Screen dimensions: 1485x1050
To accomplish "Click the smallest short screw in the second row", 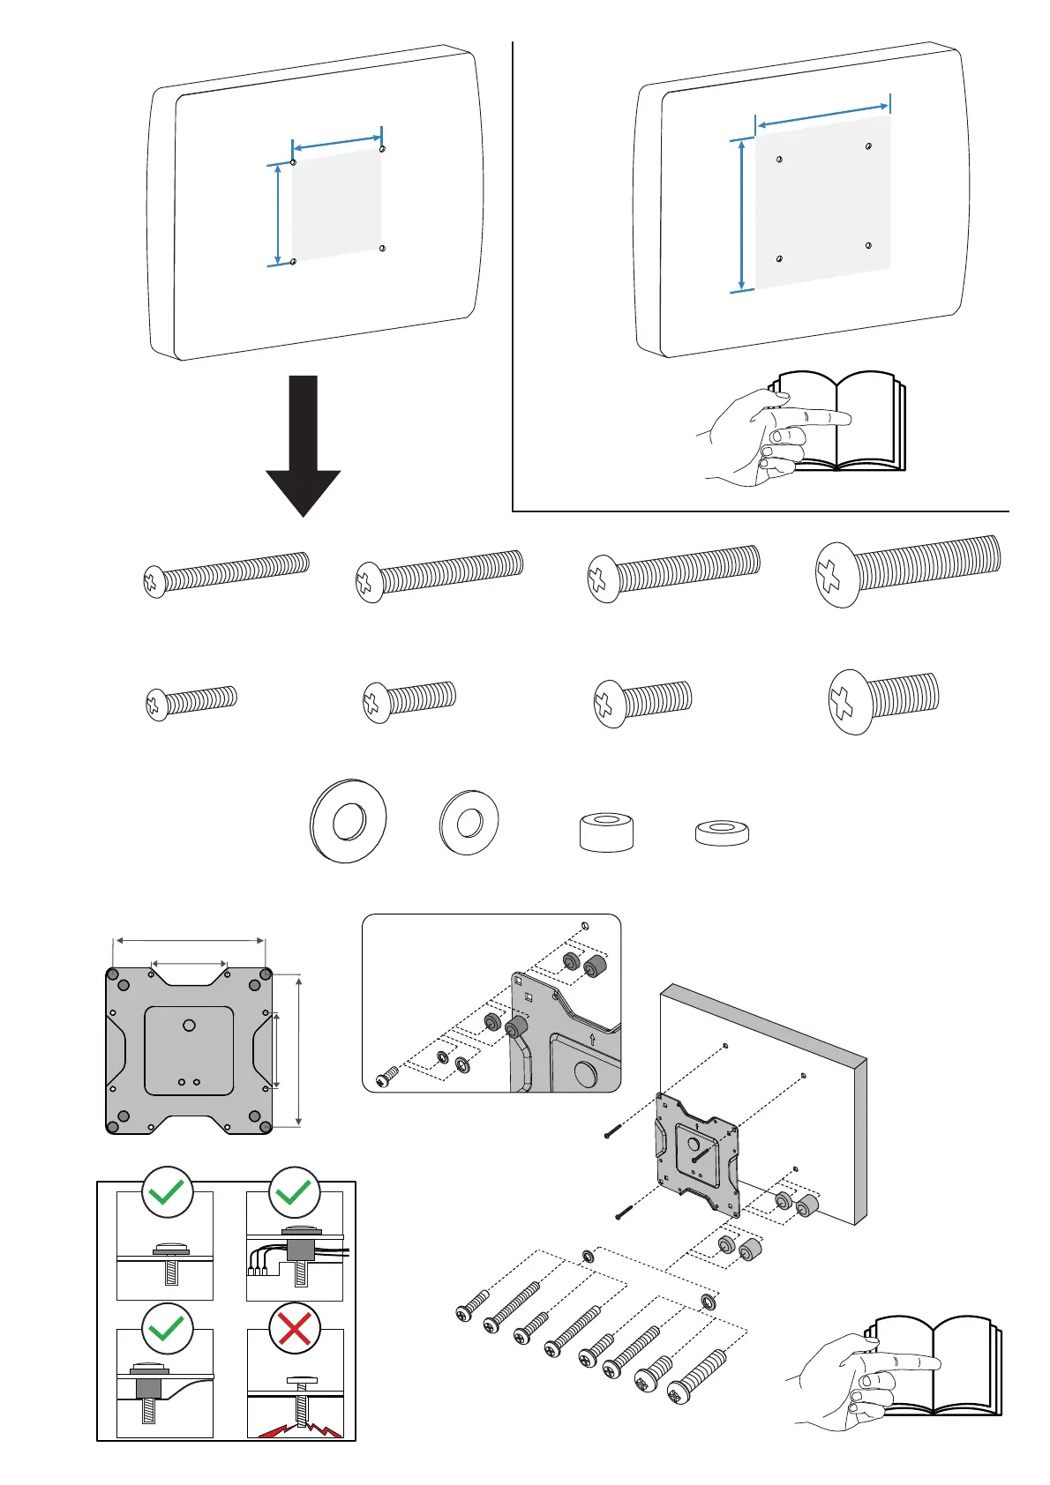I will (x=191, y=703).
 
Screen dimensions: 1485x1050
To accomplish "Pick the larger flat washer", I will (x=349, y=821).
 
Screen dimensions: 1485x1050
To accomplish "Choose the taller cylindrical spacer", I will (x=606, y=832).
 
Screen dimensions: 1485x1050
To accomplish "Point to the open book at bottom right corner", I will (x=935, y=1367).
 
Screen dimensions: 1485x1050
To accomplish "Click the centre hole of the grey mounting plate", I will (x=189, y=1026).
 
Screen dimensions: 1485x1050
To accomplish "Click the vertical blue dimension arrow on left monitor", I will (x=279, y=214).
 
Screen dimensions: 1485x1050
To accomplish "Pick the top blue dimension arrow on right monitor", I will (x=822, y=113).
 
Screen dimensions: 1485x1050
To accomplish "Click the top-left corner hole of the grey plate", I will (x=113, y=974).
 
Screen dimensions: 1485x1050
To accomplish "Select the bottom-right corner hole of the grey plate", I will (x=265, y=1126).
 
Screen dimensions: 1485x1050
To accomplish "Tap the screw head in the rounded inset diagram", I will (x=384, y=1079).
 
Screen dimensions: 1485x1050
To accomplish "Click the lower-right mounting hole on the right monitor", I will (x=869, y=245).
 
